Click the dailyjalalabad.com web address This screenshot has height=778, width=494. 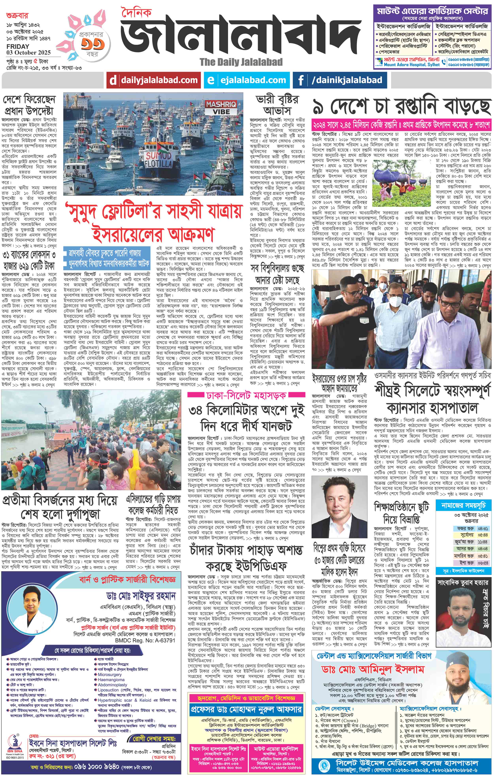159,80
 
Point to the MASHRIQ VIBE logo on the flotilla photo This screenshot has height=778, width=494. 221,108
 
